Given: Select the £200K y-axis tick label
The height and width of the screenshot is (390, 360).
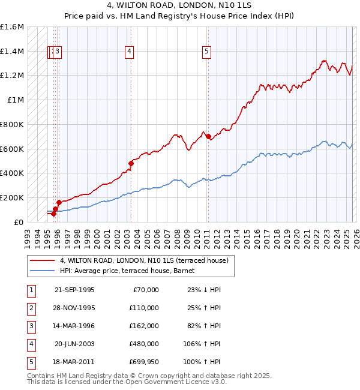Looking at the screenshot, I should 13,197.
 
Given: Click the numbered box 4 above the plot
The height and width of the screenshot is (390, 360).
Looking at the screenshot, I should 130,52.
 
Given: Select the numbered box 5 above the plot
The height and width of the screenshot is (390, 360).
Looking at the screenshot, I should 206,52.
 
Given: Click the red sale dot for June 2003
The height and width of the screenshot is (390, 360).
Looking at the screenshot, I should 130,163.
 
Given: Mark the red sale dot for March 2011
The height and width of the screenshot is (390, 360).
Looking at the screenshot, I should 208,137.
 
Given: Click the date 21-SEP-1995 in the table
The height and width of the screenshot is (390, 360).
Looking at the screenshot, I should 74,290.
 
